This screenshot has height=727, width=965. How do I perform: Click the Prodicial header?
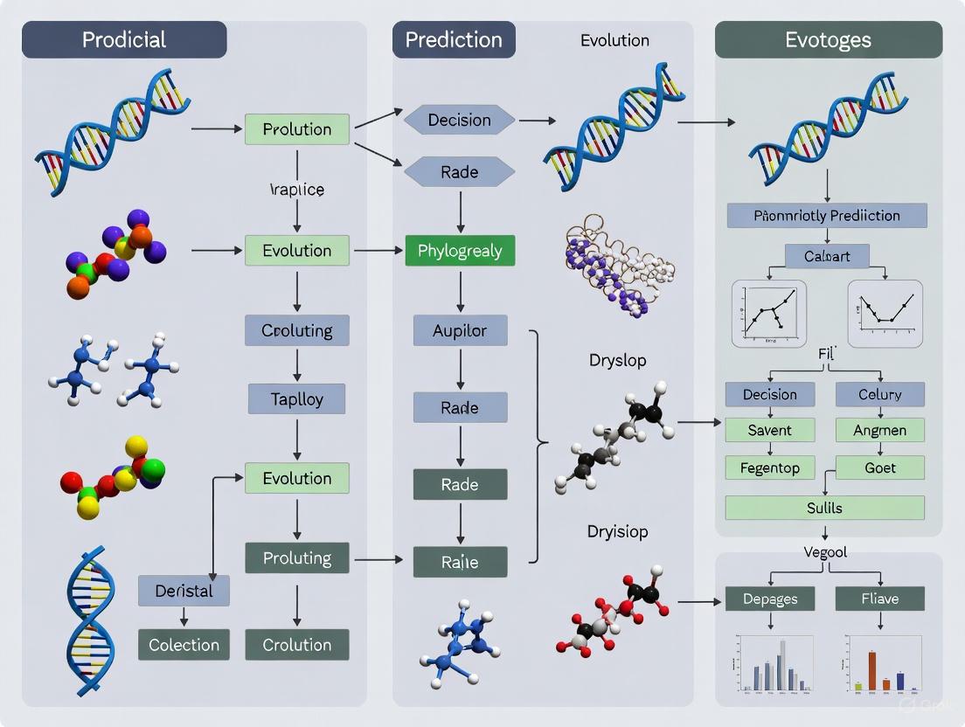pos(124,40)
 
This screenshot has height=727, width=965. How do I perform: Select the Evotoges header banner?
pos(828,40)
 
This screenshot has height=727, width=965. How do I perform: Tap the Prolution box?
pos(297,129)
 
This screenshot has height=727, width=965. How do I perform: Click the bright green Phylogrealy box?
pos(460,251)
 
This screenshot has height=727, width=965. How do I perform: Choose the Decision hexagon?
pos(460,120)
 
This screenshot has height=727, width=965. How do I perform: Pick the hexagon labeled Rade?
pos(460,172)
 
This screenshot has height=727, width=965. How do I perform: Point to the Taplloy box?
pos(297,399)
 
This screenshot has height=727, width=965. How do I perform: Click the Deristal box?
pos(184,591)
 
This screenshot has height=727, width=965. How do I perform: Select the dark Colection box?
pos(184,645)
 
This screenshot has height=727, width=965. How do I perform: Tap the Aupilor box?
pos(460,331)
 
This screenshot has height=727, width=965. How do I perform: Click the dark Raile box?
pos(460,562)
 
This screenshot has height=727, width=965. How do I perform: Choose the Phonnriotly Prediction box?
pos(826,215)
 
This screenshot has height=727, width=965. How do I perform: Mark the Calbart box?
pos(826,256)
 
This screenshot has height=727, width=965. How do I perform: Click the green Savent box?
pos(769,430)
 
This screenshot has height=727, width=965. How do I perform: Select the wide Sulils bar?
pos(824,508)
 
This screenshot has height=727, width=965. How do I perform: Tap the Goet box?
pos(879,467)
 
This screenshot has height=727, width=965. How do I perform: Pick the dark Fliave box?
pos(879,599)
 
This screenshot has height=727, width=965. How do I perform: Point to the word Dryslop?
pos(618,360)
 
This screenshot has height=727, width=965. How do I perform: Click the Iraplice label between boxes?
pos(297,190)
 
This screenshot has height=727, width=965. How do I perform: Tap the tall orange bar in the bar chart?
pos(871,669)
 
